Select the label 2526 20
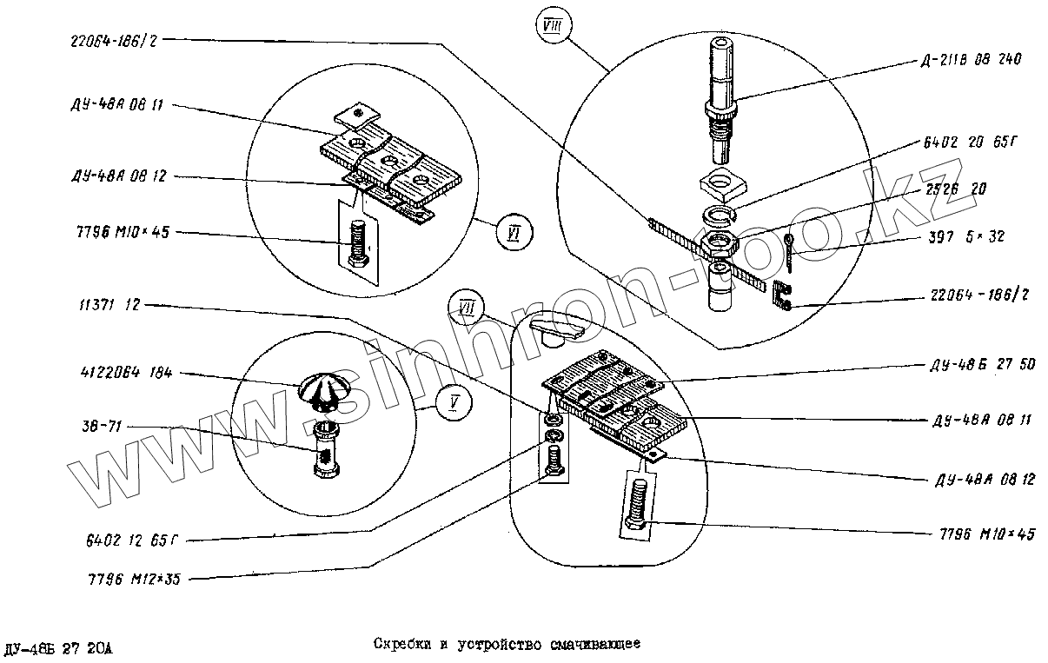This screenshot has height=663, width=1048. point(954,189)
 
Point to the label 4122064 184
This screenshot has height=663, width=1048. point(114,373)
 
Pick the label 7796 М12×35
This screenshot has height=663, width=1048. point(135,578)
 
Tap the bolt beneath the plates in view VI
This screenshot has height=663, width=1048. point(356,243)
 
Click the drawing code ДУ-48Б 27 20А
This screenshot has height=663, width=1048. point(58,648)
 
